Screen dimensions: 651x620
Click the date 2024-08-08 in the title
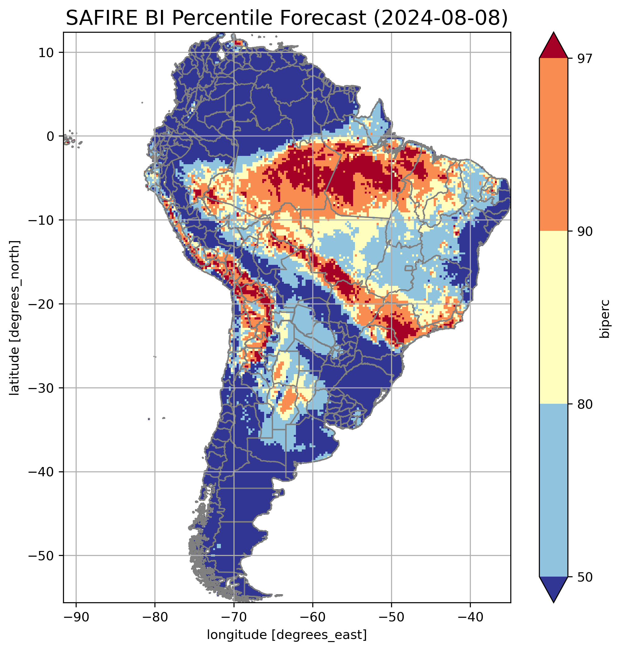tap(440, 18)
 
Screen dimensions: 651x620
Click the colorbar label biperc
tap(605, 319)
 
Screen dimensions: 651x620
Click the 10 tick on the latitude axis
tap(46, 52)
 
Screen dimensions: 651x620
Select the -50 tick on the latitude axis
tap(41, 556)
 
